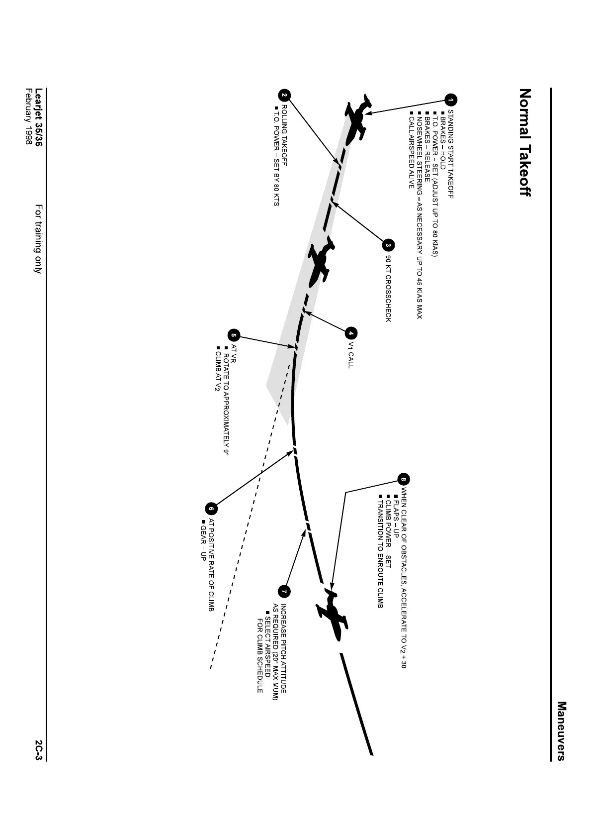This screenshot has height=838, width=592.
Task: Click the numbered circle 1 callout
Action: (451, 100)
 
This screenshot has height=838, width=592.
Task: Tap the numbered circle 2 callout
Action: (284, 95)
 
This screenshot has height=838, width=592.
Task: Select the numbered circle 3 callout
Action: (389, 245)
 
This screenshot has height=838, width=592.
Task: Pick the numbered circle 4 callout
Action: (351, 333)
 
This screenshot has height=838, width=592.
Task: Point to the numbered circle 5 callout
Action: (234, 335)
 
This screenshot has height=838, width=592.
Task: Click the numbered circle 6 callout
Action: (211, 509)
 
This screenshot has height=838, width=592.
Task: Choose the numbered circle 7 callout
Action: (284, 591)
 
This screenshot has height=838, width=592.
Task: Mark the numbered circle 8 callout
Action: (404, 480)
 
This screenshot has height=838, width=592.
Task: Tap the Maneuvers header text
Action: (562, 731)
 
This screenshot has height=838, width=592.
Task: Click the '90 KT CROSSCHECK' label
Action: (388, 289)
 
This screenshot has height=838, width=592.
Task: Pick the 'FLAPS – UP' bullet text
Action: (396, 513)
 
